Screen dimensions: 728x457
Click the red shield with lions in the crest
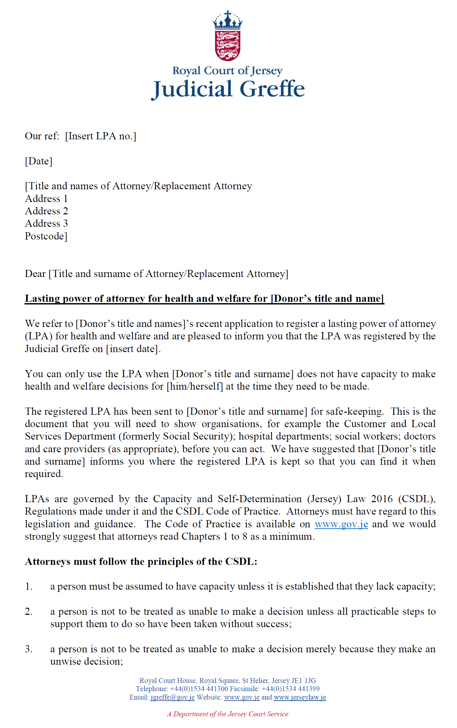(x=228, y=45)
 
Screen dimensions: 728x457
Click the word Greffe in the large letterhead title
(x=272, y=89)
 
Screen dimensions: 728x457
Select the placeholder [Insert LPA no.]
(x=101, y=136)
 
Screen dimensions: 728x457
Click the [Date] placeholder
(x=39, y=161)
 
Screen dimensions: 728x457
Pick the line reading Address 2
(x=46, y=211)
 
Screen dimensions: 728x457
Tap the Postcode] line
(x=46, y=236)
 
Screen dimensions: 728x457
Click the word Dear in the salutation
(x=35, y=274)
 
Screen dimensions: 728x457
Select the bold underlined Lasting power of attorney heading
(x=204, y=299)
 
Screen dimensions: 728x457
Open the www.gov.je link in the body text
(x=341, y=524)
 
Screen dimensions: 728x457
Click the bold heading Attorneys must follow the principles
(x=141, y=562)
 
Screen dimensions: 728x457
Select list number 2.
(x=29, y=612)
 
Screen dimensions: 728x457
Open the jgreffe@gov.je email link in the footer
(x=172, y=697)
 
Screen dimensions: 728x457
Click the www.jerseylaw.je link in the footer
(x=300, y=697)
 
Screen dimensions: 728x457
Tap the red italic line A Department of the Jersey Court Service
(x=228, y=714)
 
